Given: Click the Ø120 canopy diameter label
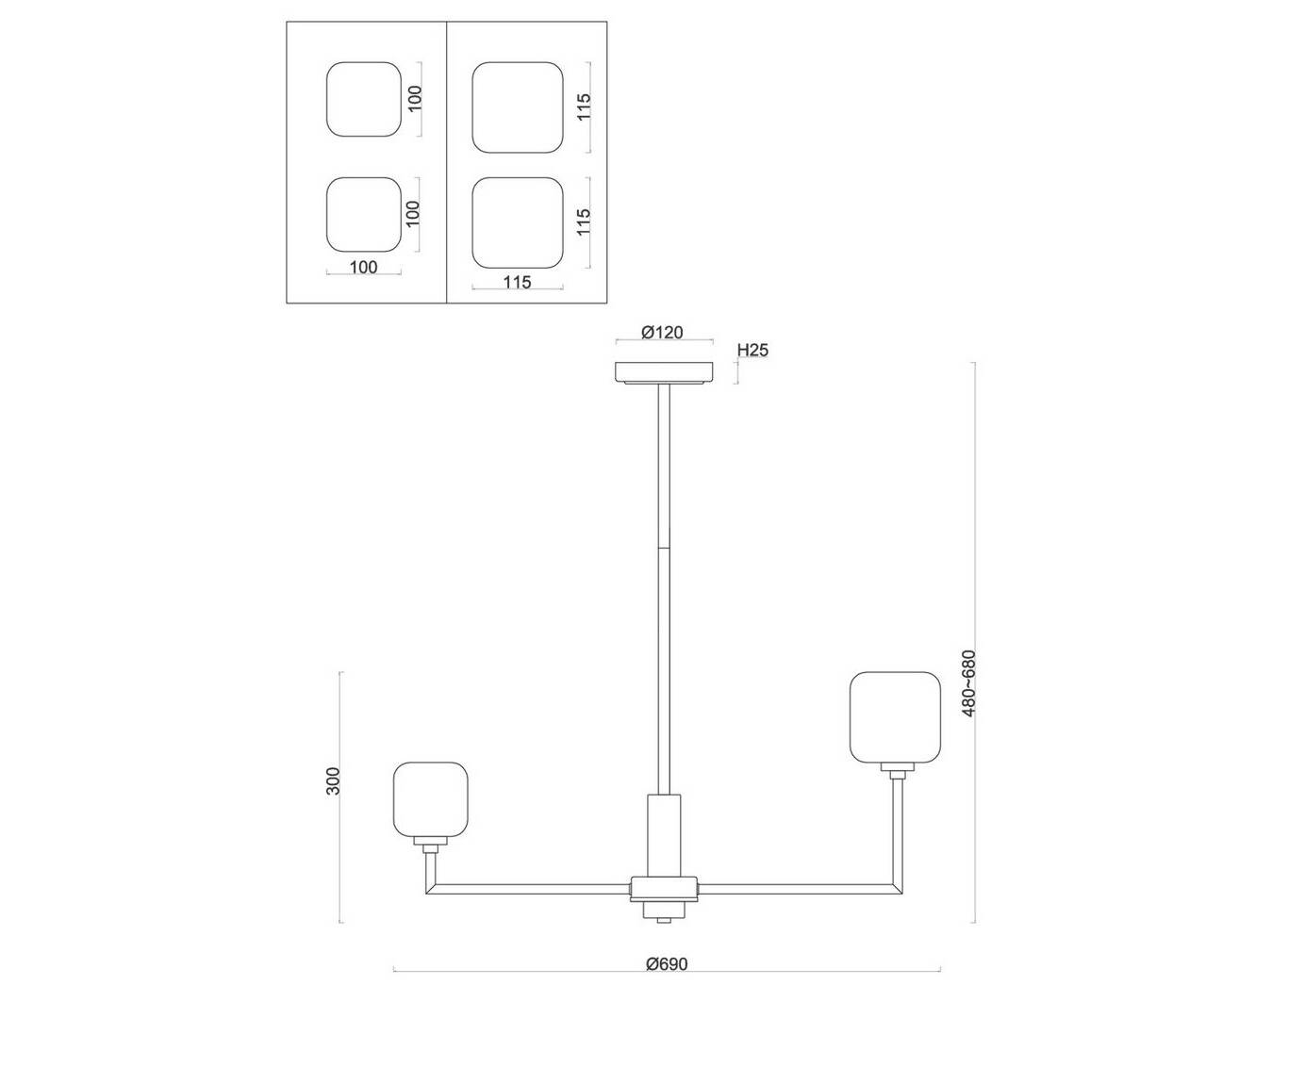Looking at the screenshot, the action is click(x=662, y=333).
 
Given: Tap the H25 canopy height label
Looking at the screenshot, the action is click(x=752, y=351).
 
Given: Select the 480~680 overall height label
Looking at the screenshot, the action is click(x=968, y=682).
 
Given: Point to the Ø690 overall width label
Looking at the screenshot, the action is click(x=667, y=964).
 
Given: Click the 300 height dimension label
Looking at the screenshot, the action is click(x=333, y=781).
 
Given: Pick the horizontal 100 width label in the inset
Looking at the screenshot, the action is click(x=363, y=267).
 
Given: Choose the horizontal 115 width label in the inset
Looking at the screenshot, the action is click(x=517, y=282).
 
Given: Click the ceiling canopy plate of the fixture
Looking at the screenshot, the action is click(x=664, y=372).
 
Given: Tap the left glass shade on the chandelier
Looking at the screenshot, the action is click(x=431, y=799).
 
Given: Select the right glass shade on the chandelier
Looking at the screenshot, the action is click(x=896, y=718).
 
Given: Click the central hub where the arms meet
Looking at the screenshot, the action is click(x=664, y=888).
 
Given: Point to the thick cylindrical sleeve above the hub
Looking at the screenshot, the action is click(x=664, y=835).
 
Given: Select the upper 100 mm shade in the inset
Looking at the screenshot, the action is click(x=364, y=99).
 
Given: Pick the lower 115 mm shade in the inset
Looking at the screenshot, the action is click(x=518, y=222).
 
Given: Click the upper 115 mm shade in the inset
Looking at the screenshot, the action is click(x=518, y=107).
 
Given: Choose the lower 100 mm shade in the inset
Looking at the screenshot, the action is click(x=364, y=215).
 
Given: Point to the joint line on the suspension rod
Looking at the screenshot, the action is click(x=664, y=548).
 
